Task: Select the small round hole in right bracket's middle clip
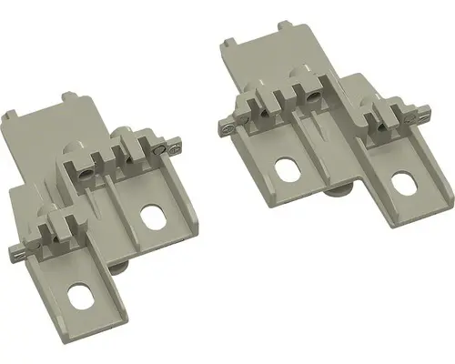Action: (x=314, y=95)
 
